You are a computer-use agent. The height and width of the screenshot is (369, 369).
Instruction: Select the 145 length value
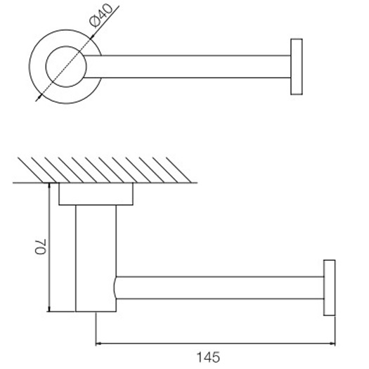pos(215,356)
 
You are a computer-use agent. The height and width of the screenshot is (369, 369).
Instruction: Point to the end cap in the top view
pos(296,67)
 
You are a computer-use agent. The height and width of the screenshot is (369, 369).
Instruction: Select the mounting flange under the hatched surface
pos(96,194)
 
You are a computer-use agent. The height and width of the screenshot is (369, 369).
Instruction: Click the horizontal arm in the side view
pos(218,288)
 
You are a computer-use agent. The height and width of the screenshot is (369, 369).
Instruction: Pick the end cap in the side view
pos(329,288)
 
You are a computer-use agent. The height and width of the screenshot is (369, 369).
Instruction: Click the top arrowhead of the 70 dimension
pos(48,186)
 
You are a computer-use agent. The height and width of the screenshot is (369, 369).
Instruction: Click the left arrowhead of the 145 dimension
pos(98,344)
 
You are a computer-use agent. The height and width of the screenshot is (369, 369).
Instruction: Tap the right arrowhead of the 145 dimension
pos(332,344)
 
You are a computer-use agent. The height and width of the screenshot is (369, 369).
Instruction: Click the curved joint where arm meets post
pos(115,288)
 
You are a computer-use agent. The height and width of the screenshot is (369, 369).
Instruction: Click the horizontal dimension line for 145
pos(215,344)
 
